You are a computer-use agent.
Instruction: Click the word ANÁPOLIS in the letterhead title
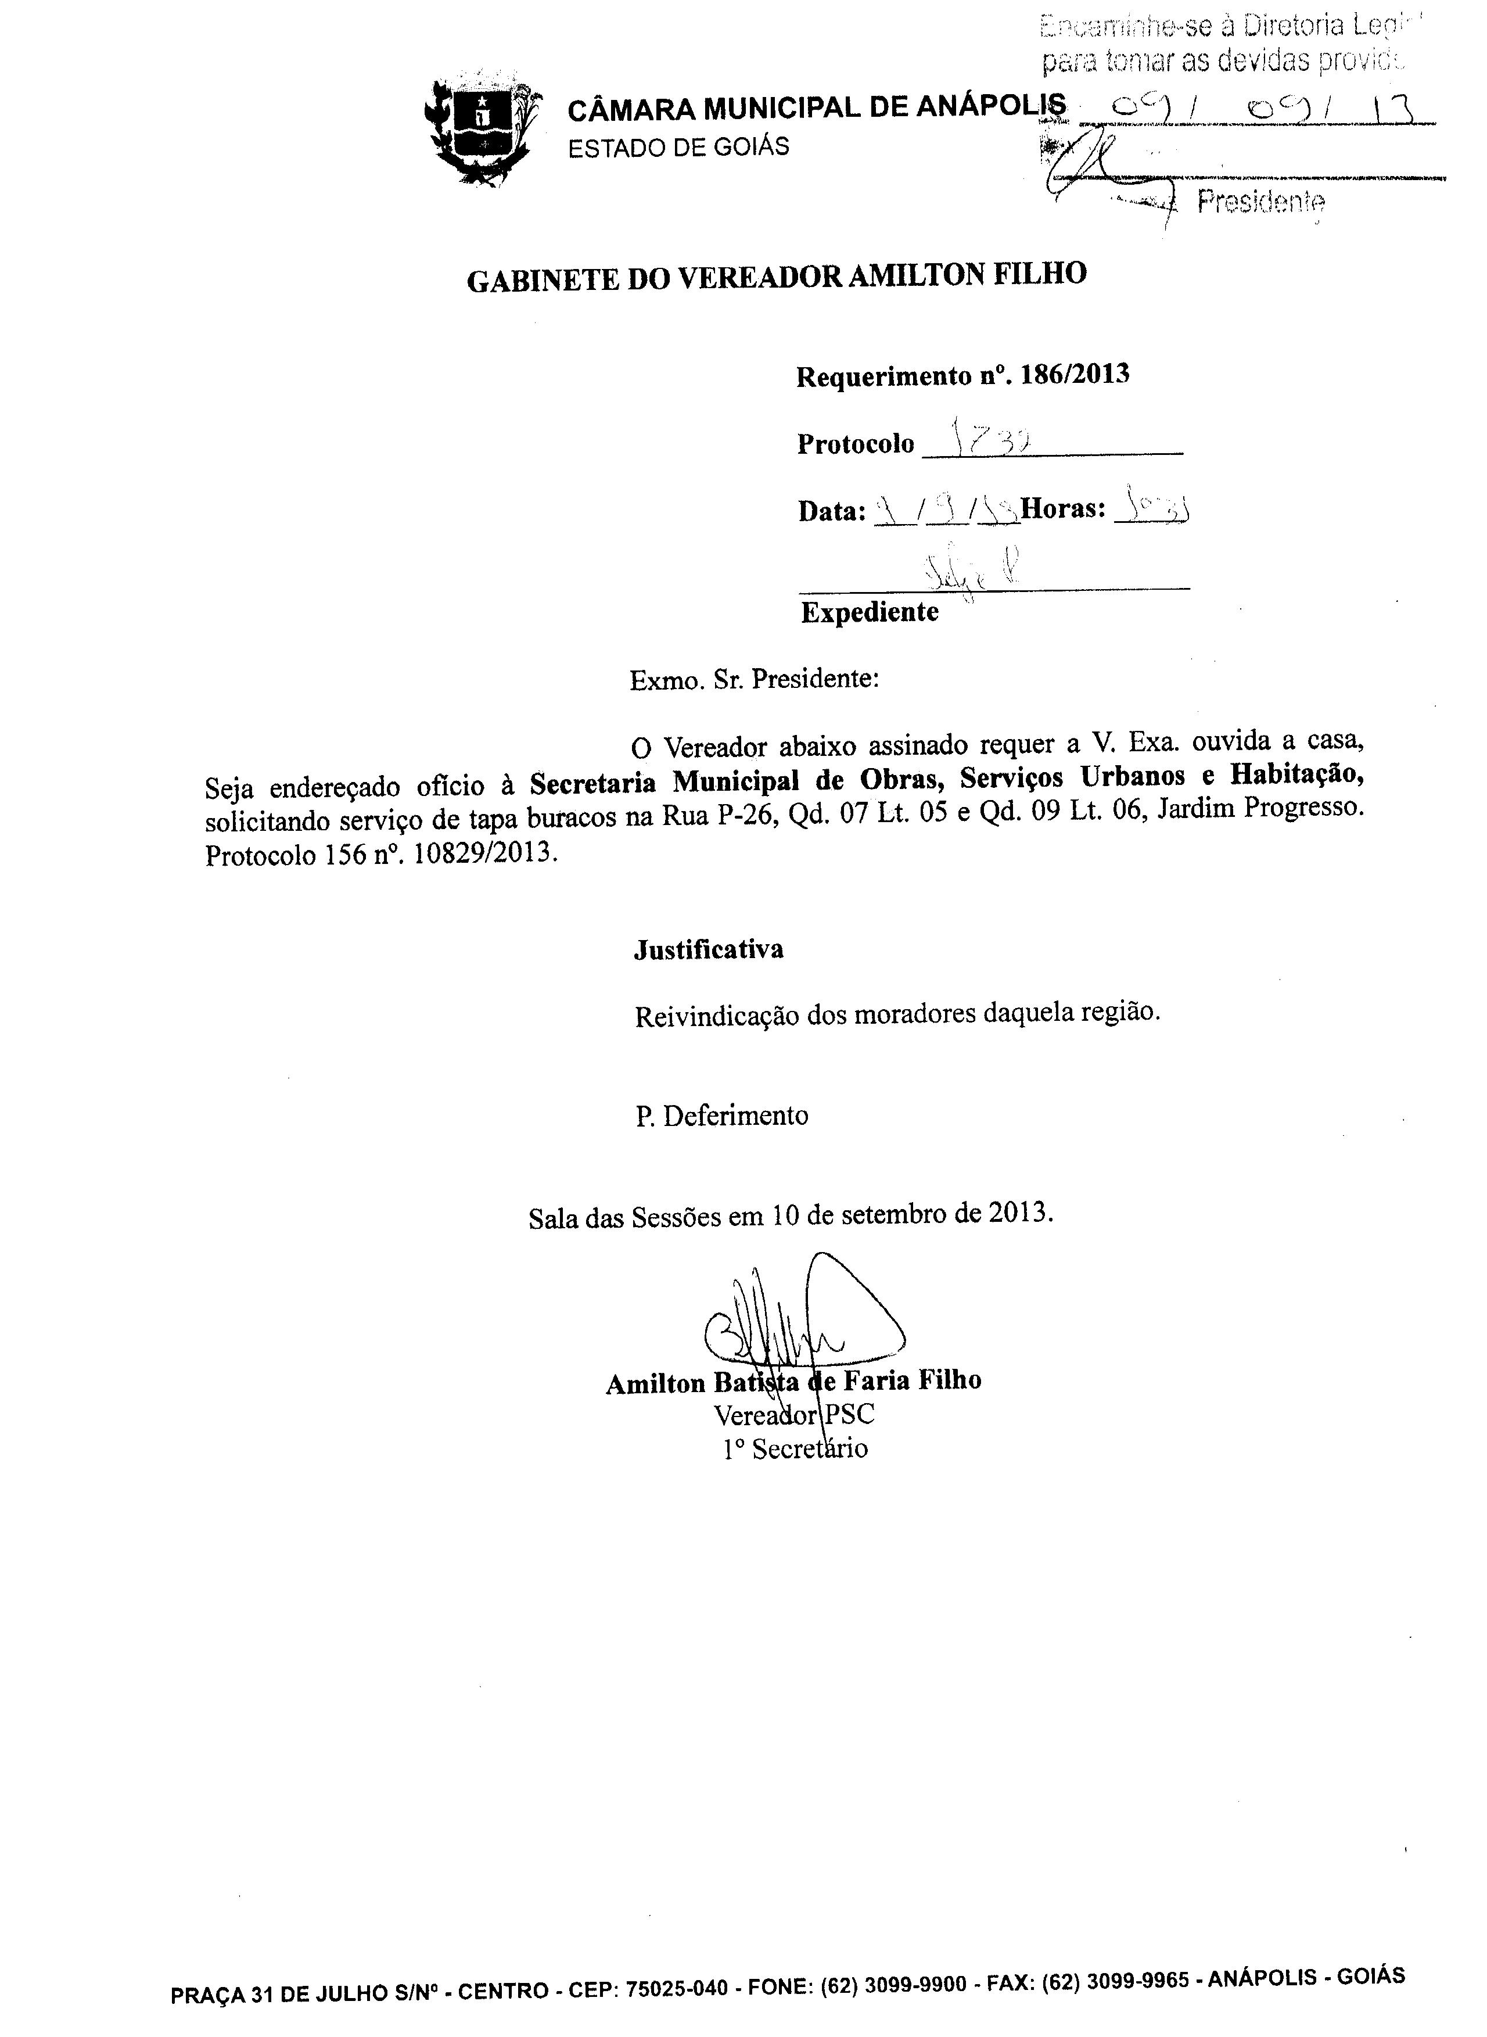pyautogui.click(x=991, y=108)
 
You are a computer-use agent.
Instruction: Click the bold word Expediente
pyautogui.click(x=870, y=613)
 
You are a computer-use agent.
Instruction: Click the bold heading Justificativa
pyautogui.click(x=709, y=949)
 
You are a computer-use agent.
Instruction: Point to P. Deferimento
pyautogui.click(x=722, y=1116)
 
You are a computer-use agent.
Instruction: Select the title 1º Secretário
pyautogui.click(x=796, y=1449)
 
